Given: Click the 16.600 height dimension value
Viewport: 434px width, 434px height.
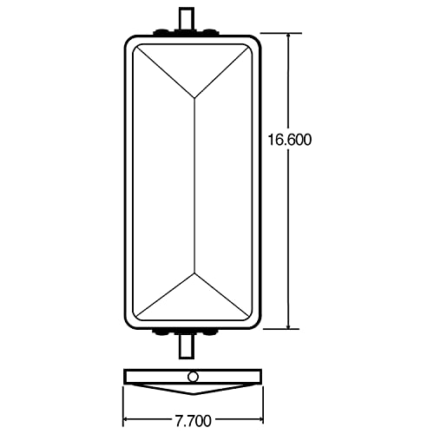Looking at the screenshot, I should click(291, 139).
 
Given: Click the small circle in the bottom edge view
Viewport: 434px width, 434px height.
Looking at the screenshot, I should click(192, 376).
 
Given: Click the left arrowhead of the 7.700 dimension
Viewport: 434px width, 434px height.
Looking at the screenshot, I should click(128, 407).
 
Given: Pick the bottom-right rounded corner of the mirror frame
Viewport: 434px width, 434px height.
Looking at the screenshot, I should click(255, 326).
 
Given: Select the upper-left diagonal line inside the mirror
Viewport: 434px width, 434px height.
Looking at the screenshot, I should click(165, 69).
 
